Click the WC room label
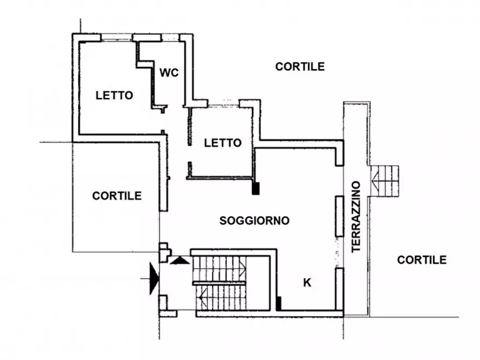[x=169, y=73]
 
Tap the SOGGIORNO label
[x=254, y=221]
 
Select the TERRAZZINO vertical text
[x=356, y=217]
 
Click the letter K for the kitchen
[x=307, y=283]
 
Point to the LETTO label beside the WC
[x=114, y=96]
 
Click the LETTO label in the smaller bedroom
[x=223, y=143]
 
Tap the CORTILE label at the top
[x=300, y=67]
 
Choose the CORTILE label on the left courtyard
[x=117, y=196]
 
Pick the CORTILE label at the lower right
[x=421, y=260]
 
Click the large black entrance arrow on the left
[x=154, y=278]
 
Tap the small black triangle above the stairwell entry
[x=180, y=261]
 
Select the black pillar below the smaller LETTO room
[x=256, y=188]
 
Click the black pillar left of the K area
[x=278, y=304]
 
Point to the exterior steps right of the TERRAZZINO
[x=385, y=181]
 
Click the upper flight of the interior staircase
[x=219, y=269]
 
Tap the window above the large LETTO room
[x=117, y=38]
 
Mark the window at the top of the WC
[x=170, y=38]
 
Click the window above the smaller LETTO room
[x=224, y=104]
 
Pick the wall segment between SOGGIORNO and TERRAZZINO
[x=340, y=216]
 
